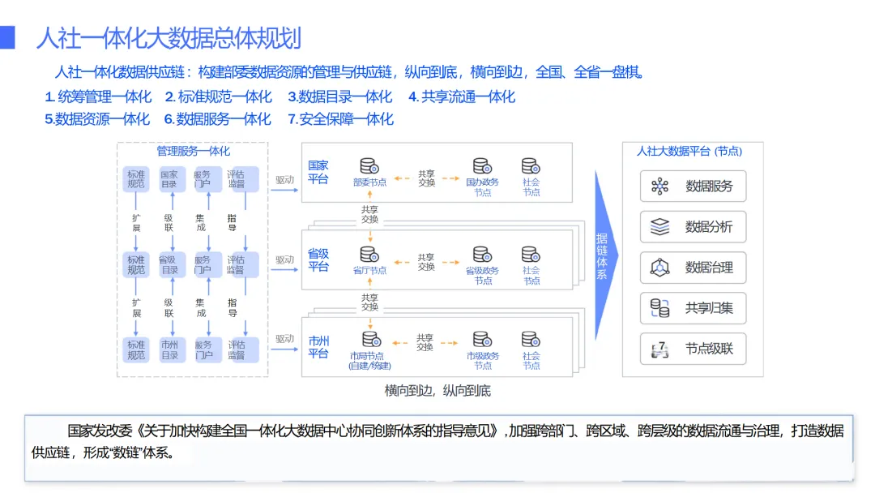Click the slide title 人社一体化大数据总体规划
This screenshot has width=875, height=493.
(169, 38)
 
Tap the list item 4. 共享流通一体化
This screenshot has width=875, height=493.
(461, 96)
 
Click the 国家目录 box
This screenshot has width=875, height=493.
(169, 179)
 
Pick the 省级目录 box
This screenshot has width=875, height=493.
(169, 264)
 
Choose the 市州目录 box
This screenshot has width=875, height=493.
(169, 349)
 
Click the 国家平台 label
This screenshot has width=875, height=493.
(318, 172)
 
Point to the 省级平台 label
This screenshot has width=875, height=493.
(318, 259)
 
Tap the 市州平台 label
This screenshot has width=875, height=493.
(318, 347)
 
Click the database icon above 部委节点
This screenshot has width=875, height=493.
(369, 165)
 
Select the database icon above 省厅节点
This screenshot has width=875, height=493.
(369, 254)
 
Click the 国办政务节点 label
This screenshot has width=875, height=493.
(482, 187)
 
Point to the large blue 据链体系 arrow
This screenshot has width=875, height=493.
(604, 255)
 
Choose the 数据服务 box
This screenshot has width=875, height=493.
(693, 186)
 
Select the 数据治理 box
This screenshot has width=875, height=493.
(693, 268)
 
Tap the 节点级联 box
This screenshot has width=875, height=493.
(693, 349)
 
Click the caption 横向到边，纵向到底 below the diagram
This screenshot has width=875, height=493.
(437, 391)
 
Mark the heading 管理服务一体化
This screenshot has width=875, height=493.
(193, 151)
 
